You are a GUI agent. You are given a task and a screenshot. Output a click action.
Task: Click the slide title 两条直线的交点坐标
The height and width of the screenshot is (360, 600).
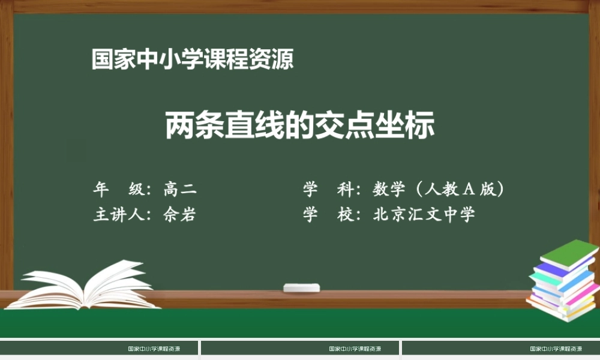click(299, 125)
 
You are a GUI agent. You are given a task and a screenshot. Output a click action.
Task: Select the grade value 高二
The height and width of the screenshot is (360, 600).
click(180, 190)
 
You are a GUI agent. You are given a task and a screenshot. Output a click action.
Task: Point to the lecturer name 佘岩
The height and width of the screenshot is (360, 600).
click(179, 215)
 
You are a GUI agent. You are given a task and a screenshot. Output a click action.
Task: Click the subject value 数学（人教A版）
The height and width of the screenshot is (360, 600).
click(438, 190)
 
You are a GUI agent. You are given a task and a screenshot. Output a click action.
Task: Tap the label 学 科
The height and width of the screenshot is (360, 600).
click(331, 190)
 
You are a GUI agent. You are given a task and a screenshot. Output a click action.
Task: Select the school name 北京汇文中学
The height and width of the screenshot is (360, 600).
click(424, 215)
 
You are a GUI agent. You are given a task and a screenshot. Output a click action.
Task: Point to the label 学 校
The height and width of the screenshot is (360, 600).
click(331, 215)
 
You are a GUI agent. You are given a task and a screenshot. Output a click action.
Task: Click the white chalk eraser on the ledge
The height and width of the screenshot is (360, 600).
click(302, 287)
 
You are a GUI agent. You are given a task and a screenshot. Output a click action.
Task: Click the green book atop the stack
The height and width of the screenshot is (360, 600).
click(569, 253)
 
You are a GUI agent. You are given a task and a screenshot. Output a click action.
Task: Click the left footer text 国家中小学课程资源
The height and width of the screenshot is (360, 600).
click(154, 349)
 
